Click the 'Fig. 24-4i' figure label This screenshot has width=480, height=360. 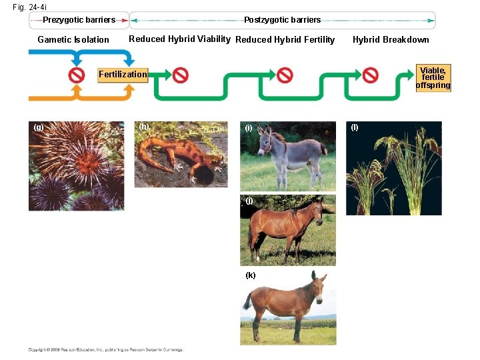[29, 7]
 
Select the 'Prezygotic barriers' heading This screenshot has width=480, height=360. [79, 20]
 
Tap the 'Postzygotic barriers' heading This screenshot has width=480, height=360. [282, 20]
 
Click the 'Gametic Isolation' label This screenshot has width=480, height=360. [73, 39]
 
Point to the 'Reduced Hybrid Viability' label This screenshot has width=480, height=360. [179, 39]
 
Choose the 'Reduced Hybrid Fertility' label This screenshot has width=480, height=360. [285, 39]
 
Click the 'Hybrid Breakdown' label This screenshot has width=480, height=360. [391, 39]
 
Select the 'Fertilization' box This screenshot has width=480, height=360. [123, 75]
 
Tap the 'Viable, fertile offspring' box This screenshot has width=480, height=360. [433, 77]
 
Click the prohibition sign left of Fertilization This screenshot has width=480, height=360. [77, 75]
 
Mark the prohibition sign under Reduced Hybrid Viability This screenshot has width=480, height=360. [180, 75]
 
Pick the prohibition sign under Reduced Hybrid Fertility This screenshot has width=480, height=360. [285, 75]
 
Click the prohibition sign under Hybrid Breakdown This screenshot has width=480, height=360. [370, 75]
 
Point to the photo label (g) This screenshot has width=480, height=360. [39, 127]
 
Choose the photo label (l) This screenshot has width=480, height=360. [355, 127]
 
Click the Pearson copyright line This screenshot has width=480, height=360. [105, 349]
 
